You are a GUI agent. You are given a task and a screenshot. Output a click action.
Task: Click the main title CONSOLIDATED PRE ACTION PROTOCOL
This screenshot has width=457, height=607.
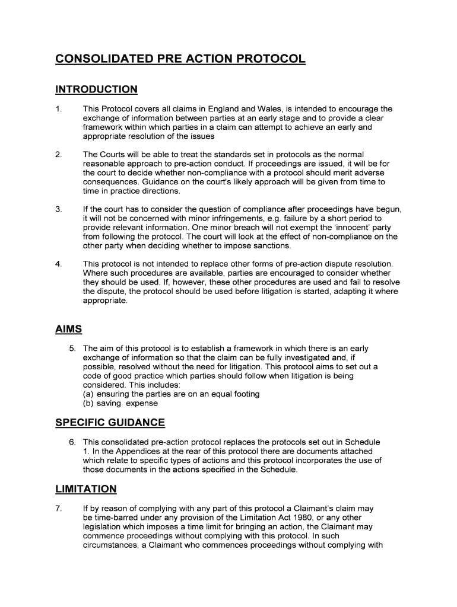(180, 59)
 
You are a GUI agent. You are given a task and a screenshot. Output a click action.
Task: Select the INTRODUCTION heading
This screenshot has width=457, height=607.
(96, 90)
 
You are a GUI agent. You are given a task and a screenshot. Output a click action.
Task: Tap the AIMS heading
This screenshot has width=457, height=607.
(68, 329)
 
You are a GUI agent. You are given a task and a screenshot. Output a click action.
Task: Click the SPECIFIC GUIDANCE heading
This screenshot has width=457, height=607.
(110, 423)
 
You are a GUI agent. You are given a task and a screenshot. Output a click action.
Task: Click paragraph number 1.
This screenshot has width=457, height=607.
(58, 109)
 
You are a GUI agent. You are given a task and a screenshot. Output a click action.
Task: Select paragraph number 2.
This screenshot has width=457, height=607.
(58, 155)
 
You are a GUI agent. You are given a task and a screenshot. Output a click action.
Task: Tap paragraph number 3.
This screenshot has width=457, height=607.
(58, 209)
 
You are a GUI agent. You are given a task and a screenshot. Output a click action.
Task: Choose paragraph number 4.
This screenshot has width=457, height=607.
(58, 264)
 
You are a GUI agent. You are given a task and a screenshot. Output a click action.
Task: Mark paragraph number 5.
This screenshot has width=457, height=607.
(72, 349)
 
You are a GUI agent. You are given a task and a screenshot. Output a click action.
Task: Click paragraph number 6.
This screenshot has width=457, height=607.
(72, 442)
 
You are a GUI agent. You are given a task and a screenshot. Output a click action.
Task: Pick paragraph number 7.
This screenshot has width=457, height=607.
(58, 509)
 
